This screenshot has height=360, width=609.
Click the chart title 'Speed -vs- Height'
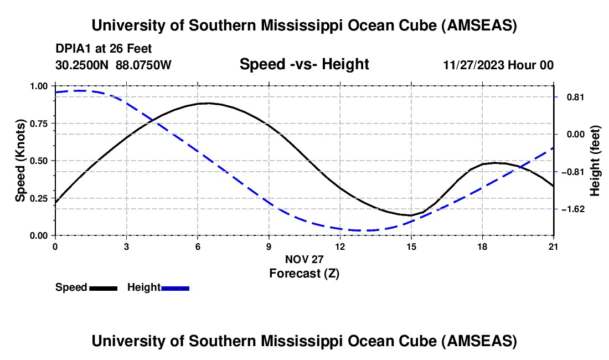click(x=304, y=65)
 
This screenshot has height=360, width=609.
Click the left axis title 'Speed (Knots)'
click(x=20, y=161)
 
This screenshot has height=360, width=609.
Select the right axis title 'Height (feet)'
click(x=595, y=161)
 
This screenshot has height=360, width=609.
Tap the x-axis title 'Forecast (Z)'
click(x=304, y=273)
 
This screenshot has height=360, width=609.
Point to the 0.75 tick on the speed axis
click(x=39, y=124)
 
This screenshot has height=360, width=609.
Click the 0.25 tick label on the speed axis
click(x=39, y=198)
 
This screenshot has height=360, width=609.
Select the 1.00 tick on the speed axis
click(x=39, y=86)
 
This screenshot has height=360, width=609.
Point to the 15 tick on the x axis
click(x=411, y=246)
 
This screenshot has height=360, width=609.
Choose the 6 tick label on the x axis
click(x=198, y=246)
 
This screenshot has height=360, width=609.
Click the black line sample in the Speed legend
click(x=103, y=288)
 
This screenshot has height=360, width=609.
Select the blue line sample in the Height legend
click(x=176, y=288)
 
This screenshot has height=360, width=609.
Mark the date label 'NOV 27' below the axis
click(x=304, y=259)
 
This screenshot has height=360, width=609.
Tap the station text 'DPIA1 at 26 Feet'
click(x=104, y=49)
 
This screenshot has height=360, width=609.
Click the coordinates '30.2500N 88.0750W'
click(x=113, y=65)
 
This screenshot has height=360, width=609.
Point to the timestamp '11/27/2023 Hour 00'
click(x=498, y=65)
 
